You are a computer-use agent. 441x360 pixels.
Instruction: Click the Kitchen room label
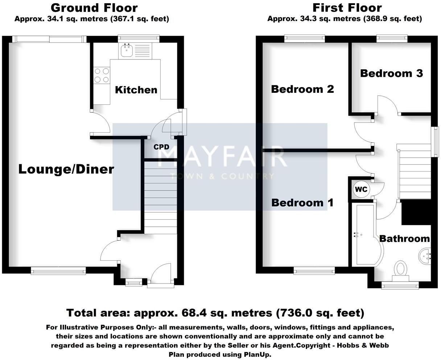136,90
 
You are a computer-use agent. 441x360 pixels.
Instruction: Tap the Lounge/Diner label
66,169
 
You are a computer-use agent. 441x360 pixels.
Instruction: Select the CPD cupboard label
161,147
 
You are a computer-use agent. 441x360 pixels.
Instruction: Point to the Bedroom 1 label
302,202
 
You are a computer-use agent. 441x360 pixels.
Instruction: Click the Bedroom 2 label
302,89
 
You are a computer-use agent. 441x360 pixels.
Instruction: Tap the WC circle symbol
361,189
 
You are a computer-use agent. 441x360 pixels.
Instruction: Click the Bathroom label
404,239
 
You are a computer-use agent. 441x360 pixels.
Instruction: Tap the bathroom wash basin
425,256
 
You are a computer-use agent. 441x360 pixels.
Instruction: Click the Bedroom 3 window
391,37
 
